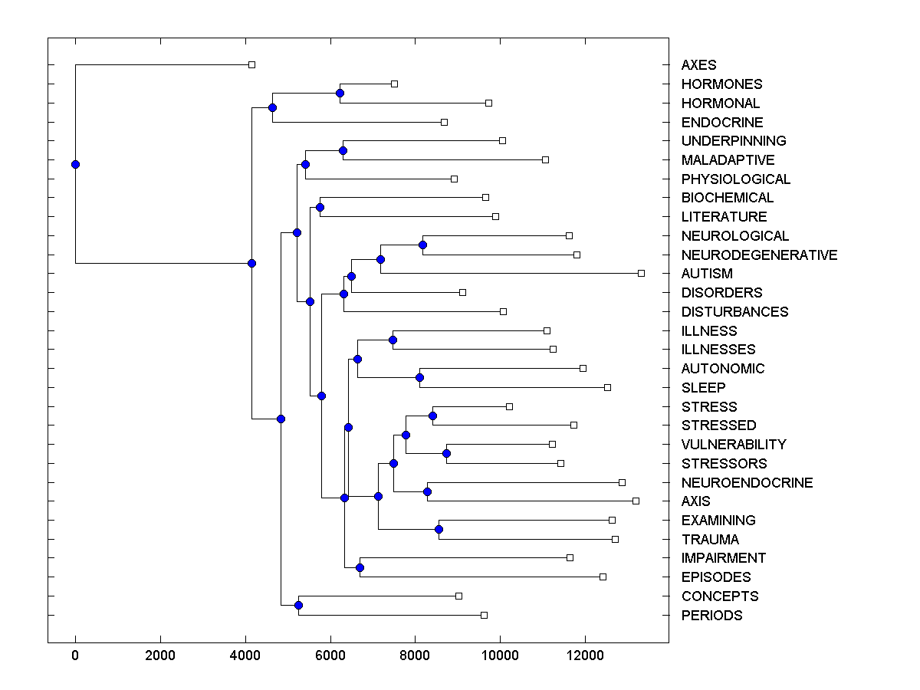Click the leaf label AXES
(x=698, y=65)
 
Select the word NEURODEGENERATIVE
(x=759, y=255)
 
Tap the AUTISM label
(x=707, y=274)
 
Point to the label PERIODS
(x=711, y=616)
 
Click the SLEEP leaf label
(x=703, y=388)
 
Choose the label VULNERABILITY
(x=733, y=445)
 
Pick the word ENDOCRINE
(x=721, y=123)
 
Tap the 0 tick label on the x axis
(x=75, y=655)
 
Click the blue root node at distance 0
(x=75, y=164)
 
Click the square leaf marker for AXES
(x=251, y=65)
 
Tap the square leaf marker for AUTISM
(x=641, y=273)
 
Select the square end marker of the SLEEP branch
(x=607, y=387)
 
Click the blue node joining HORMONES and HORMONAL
(x=340, y=93)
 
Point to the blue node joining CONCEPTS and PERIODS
(x=298, y=606)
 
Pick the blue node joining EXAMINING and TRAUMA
(x=439, y=530)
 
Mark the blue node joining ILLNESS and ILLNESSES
(x=393, y=340)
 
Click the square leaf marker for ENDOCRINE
(x=444, y=122)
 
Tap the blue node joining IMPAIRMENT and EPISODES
(x=360, y=567)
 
